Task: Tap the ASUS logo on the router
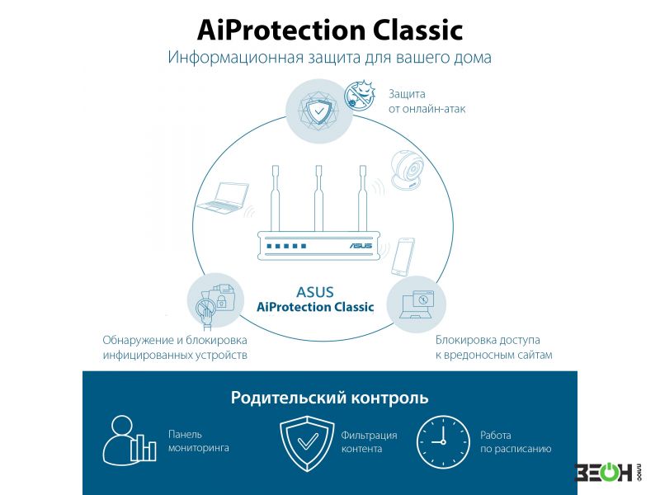361,245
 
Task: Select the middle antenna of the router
318,198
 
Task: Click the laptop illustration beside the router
223,198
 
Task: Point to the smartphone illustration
403,257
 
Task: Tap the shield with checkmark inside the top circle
319,111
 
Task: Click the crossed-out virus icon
360,96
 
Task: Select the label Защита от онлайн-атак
427,101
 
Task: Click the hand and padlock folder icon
215,302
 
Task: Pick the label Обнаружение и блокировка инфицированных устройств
175,347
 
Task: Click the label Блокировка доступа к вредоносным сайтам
493,347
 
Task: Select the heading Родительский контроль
329,398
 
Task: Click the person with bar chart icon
129,441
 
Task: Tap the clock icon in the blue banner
443,442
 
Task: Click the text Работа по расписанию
516,442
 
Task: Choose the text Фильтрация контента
369,442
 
